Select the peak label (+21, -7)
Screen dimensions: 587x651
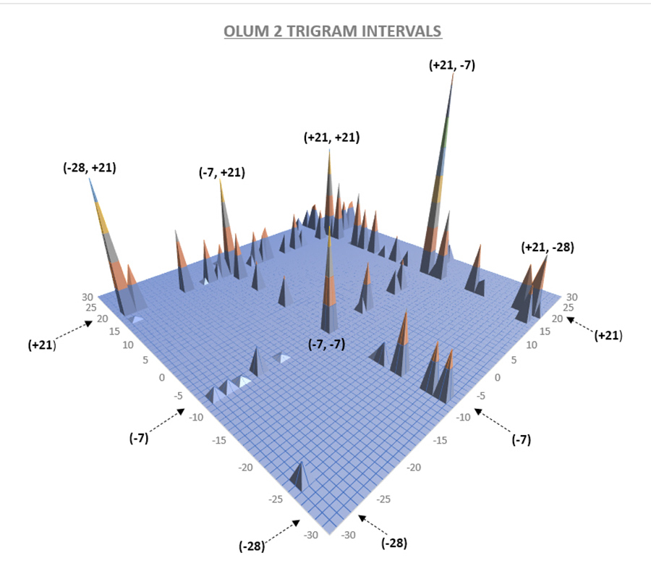(x=452, y=65)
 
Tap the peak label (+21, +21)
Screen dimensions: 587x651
(x=332, y=137)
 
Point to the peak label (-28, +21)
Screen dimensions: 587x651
(x=90, y=167)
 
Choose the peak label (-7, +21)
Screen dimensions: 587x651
(x=221, y=172)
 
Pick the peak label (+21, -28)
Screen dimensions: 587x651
(x=548, y=248)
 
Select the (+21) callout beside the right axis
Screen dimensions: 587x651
(x=608, y=335)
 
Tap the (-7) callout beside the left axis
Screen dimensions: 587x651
(x=139, y=438)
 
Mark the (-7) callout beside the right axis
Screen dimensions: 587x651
(x=522, y=439)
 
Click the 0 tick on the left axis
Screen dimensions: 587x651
(x=161, y=378)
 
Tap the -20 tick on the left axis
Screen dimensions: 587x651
(x=246, y=467)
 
